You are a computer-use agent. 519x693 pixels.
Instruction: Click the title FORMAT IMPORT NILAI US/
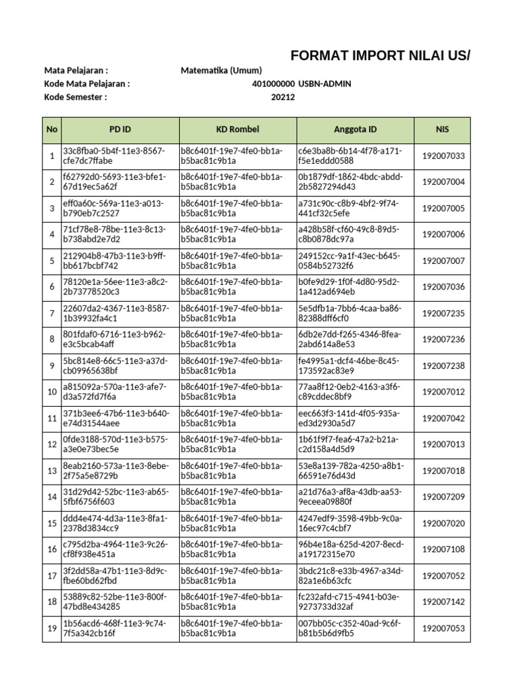pos(380,55)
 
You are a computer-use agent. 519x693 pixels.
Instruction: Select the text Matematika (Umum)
pos(222,70)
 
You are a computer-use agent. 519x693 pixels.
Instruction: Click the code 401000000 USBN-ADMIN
pos(301,84)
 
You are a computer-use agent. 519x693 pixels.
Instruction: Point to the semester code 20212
pos(283,97)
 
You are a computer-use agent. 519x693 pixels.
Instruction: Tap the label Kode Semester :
pos(76,97)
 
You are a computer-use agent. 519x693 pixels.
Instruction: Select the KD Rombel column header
pos(238,129)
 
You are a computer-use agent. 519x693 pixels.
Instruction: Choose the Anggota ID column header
pos(355,129)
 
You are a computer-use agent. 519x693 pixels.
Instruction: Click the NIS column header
pos(443,129)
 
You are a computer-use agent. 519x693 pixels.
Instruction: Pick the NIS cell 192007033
pos(443,156)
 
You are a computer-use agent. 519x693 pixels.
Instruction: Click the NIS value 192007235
pos(443,313)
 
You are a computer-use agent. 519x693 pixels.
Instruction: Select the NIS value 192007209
pos(443,497)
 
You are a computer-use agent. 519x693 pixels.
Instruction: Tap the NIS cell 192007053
pos(443,628)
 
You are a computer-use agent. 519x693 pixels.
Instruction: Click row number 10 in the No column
pos(52,392)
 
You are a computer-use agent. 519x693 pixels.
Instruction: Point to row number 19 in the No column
pos(52,628)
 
